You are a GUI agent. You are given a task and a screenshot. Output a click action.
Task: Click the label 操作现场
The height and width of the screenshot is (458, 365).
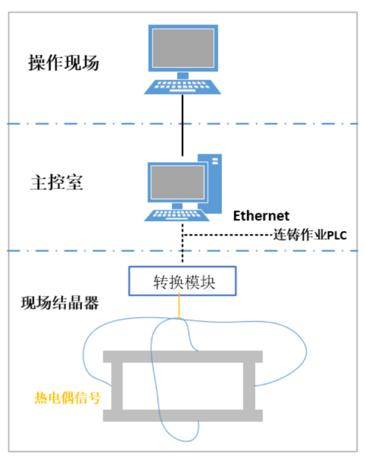63,64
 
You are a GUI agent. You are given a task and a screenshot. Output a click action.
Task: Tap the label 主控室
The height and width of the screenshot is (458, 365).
56,183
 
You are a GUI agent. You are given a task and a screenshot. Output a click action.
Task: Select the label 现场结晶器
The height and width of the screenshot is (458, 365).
59,303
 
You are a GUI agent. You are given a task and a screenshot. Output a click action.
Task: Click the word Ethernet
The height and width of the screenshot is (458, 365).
261,216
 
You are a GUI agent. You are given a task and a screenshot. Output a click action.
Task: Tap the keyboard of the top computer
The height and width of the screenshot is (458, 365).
182,87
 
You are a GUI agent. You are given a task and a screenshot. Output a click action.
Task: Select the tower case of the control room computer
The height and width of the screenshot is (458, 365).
214,184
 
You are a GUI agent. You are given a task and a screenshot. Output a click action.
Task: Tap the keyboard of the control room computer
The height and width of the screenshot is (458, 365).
177,214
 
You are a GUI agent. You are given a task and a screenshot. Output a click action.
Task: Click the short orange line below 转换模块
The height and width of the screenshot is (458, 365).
179,307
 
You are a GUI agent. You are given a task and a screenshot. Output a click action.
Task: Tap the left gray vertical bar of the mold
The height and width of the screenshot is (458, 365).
117,385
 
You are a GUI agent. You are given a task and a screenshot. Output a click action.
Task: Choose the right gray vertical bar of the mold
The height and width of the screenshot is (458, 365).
248,385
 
